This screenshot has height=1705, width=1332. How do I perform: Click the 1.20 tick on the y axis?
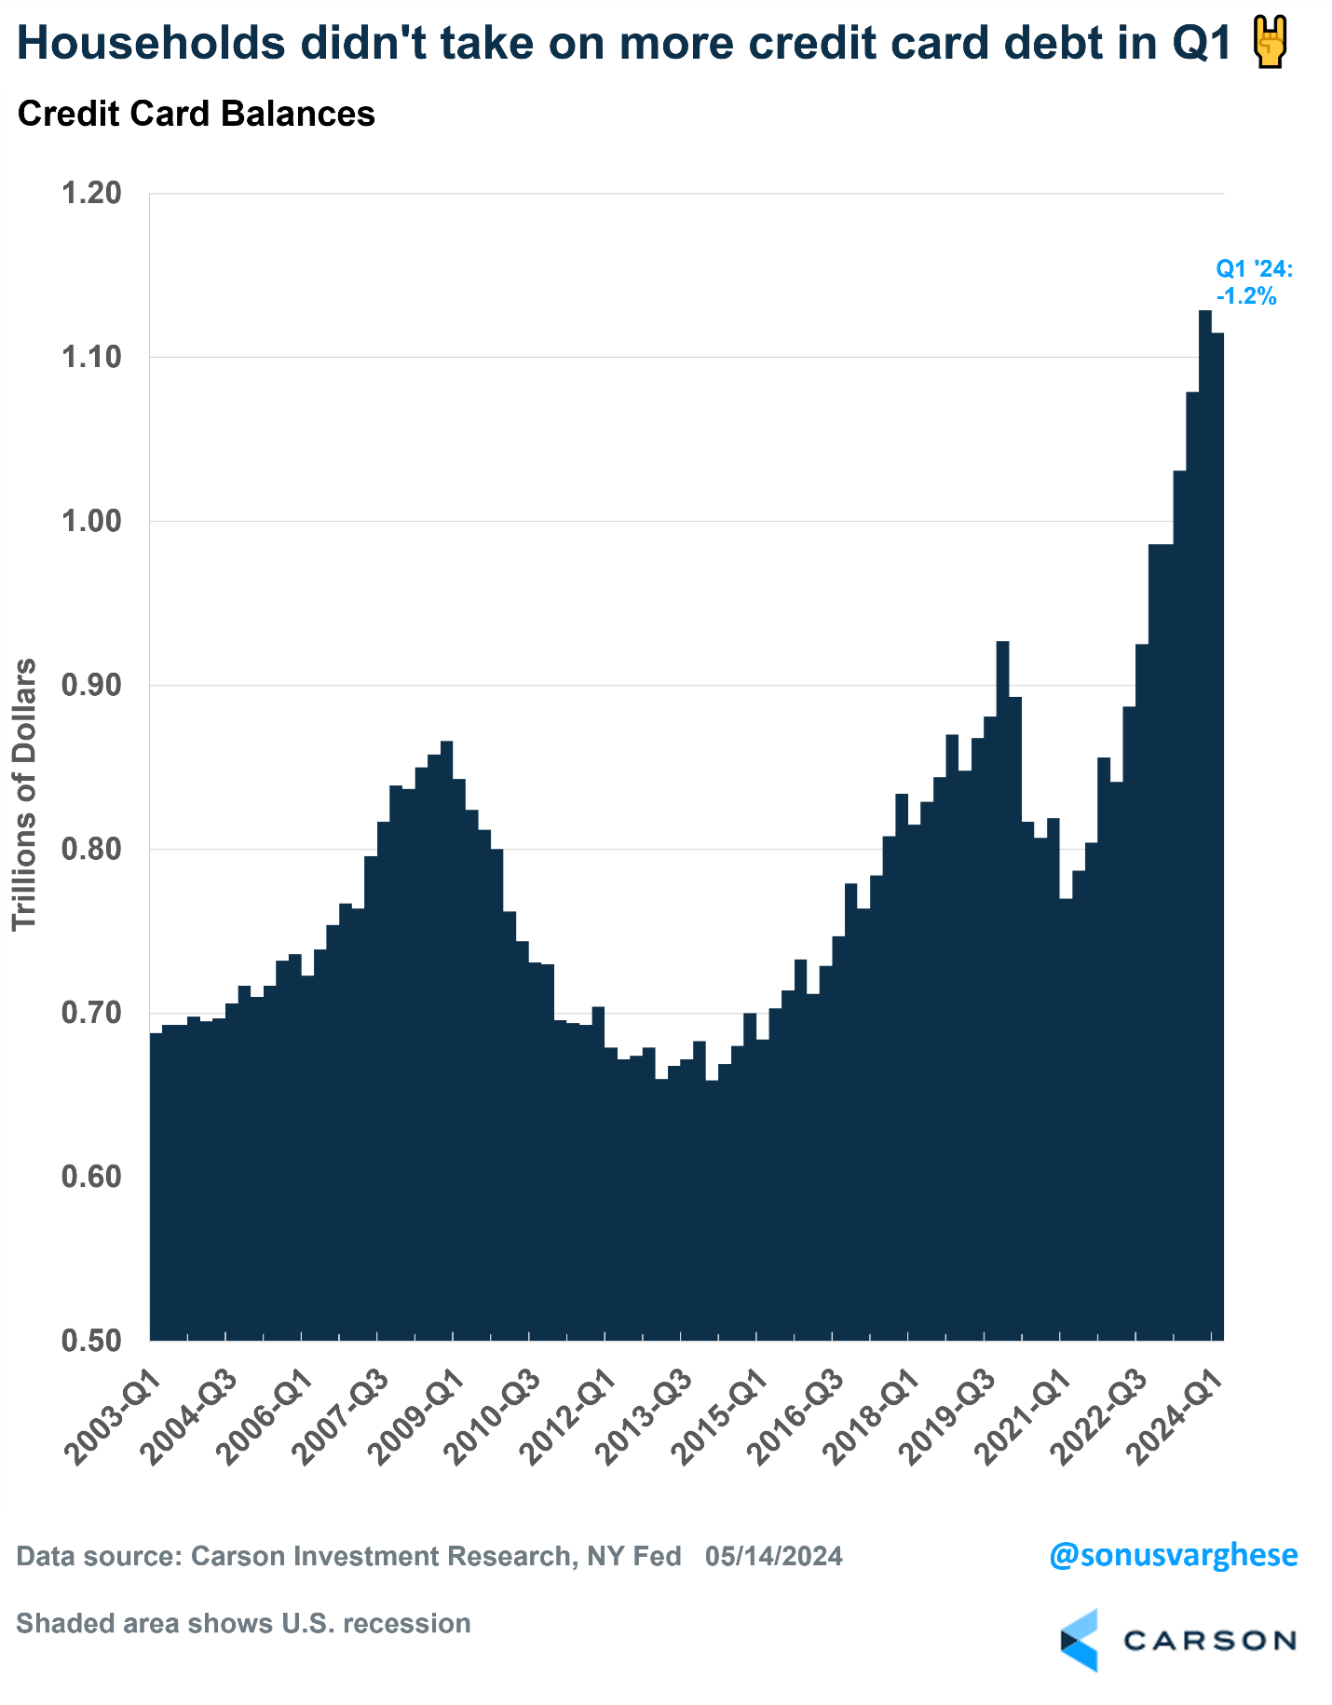(91, 193)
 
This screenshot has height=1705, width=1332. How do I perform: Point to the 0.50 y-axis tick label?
(91, 1341)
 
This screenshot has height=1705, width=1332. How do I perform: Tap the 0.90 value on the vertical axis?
(91, 685)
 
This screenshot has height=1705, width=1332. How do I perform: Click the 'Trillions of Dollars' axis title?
(24, 794)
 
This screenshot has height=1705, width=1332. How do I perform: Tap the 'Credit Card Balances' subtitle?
(196, 114)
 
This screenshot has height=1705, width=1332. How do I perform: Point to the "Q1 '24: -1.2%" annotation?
(1254, 283)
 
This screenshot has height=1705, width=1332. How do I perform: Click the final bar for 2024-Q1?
(1217, 839)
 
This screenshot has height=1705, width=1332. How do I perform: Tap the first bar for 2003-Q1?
(156, 1183)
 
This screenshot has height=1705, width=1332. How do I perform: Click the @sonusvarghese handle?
(1173, 1555)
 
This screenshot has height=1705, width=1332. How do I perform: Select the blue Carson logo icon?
(1080, 1640)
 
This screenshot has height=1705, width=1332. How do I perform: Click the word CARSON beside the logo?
(1210, 1640)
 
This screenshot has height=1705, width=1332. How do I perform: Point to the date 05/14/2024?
(773, 1556)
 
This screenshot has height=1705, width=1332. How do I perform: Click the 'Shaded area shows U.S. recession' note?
(243, 1623)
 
